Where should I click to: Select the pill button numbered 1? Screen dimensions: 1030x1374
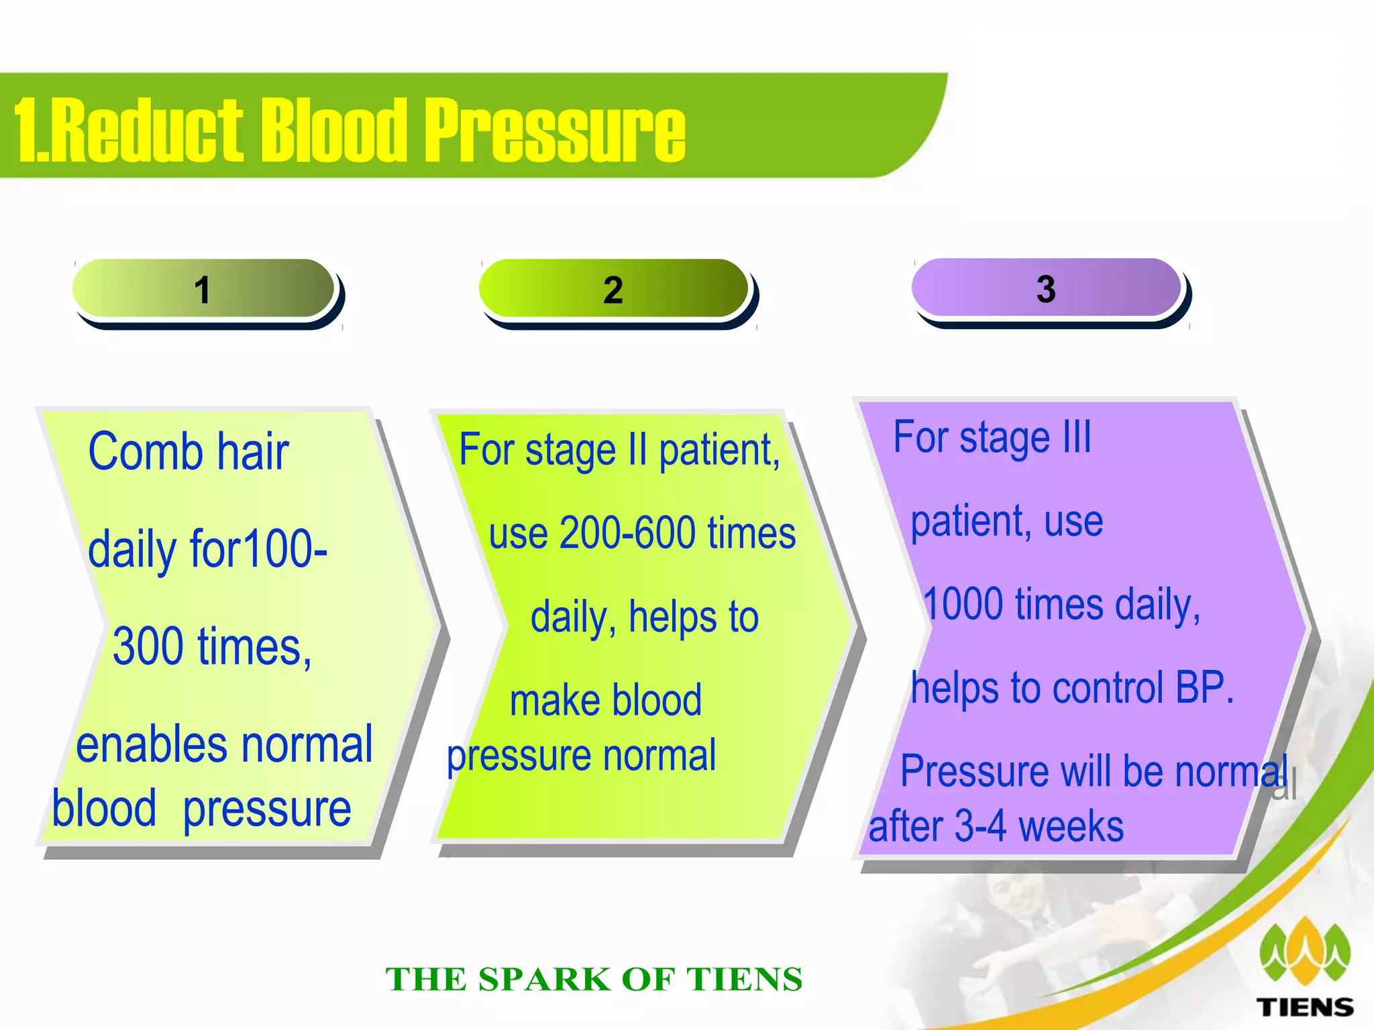(x=203, y=289)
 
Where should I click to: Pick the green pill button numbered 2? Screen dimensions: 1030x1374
(x=613, y=289)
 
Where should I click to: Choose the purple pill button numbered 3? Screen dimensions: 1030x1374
(x=1046, y=288)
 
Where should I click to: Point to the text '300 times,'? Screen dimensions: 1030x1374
(x=212, y=646)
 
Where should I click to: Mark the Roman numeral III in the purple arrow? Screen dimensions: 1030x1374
(x=1077, y=437)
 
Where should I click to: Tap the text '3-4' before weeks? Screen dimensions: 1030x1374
(x=980, y=826)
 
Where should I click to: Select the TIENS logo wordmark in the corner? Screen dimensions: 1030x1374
(x=1305, y=1007)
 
